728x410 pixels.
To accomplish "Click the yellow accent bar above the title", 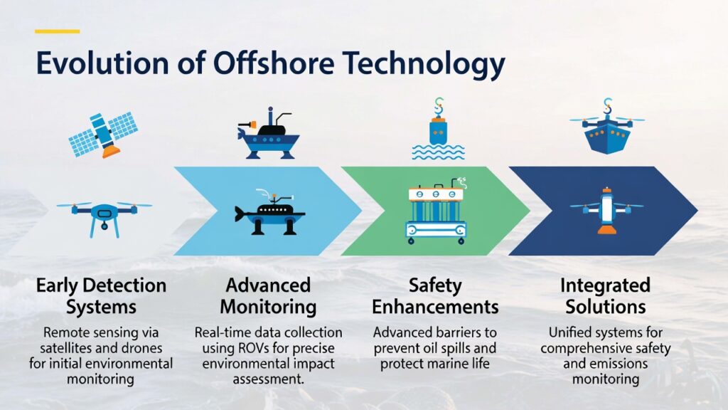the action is tap(58, 31).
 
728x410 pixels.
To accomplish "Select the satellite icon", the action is tap(103, 135).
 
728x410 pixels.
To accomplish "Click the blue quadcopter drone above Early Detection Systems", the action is tap(105, 218).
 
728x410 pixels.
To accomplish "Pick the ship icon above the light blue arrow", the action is tap(268, 134).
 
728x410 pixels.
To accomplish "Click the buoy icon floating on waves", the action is tap(438, 130).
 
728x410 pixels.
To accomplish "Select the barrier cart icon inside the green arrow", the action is tap(436, 211).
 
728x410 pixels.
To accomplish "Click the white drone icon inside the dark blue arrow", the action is tap(606, 211).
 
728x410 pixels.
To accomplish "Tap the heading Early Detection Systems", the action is tap(101, 296).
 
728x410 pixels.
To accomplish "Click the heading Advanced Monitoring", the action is tap(268, 296).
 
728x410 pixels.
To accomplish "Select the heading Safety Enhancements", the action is tap(435, 296).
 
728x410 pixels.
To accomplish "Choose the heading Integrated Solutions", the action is tap(606, 296).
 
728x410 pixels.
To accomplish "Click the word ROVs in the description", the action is tap(256, 348).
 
